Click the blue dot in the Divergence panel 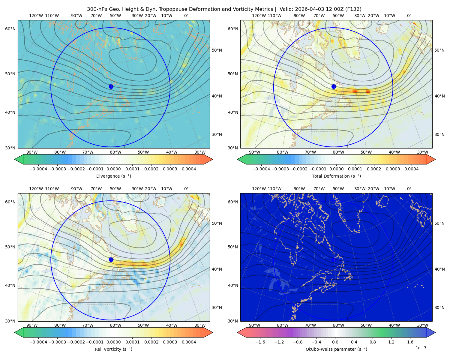click(x=111, y=87)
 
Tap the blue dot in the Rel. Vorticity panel click(x=111, y=259)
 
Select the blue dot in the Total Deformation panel click(x=334, y=87)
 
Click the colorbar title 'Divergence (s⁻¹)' click(x=113, y=176)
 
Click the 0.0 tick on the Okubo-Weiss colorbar click(x=335, y=342)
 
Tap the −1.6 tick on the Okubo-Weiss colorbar click(x=260, y=342)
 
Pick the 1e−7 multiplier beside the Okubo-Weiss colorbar click(x=421, y=348)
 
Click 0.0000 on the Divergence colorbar click(x=113, y=169)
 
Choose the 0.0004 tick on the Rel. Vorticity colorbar click(x=189, y=342)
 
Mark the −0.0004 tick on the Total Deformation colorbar click(x=261, y=169)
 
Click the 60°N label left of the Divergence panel click(x=10, y=29)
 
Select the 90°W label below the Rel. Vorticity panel click(x=32, y=325)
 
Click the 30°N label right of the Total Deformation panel click(x=439, y=134)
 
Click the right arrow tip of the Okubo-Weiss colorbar click(x=435, y=332)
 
